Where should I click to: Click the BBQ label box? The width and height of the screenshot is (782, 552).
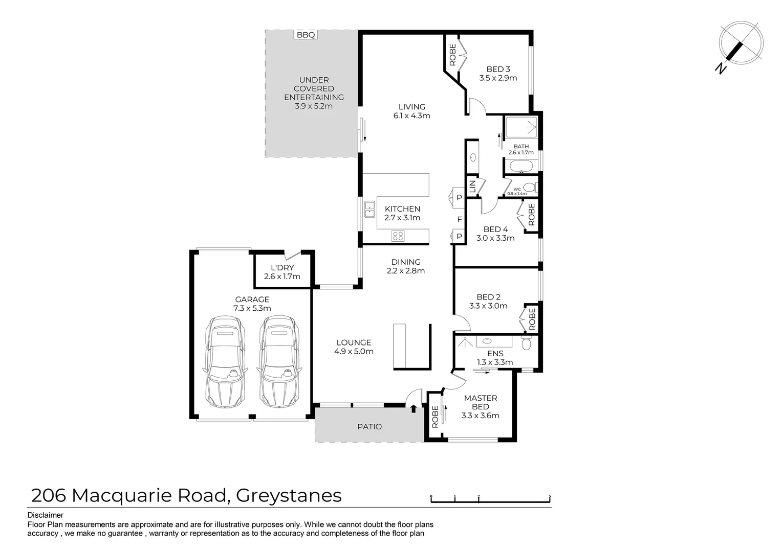306,35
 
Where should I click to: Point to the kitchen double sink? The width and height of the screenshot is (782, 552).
370,209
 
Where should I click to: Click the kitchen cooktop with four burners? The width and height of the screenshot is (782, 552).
398,236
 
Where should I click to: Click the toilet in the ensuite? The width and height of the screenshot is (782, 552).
527,343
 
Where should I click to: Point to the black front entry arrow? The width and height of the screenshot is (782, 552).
414,408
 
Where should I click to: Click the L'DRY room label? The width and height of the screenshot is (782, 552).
282,268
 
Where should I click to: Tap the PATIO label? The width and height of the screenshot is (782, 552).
370,426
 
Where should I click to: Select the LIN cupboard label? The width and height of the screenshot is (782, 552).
472,186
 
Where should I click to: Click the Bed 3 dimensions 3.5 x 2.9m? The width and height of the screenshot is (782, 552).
498,78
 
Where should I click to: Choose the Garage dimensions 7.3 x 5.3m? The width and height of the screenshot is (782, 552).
252,308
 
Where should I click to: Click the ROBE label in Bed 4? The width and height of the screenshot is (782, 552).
531,215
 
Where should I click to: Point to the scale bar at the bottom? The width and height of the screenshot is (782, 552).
490,499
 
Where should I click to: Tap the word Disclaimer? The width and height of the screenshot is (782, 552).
45,515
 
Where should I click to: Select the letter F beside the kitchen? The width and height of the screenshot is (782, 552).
460,219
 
